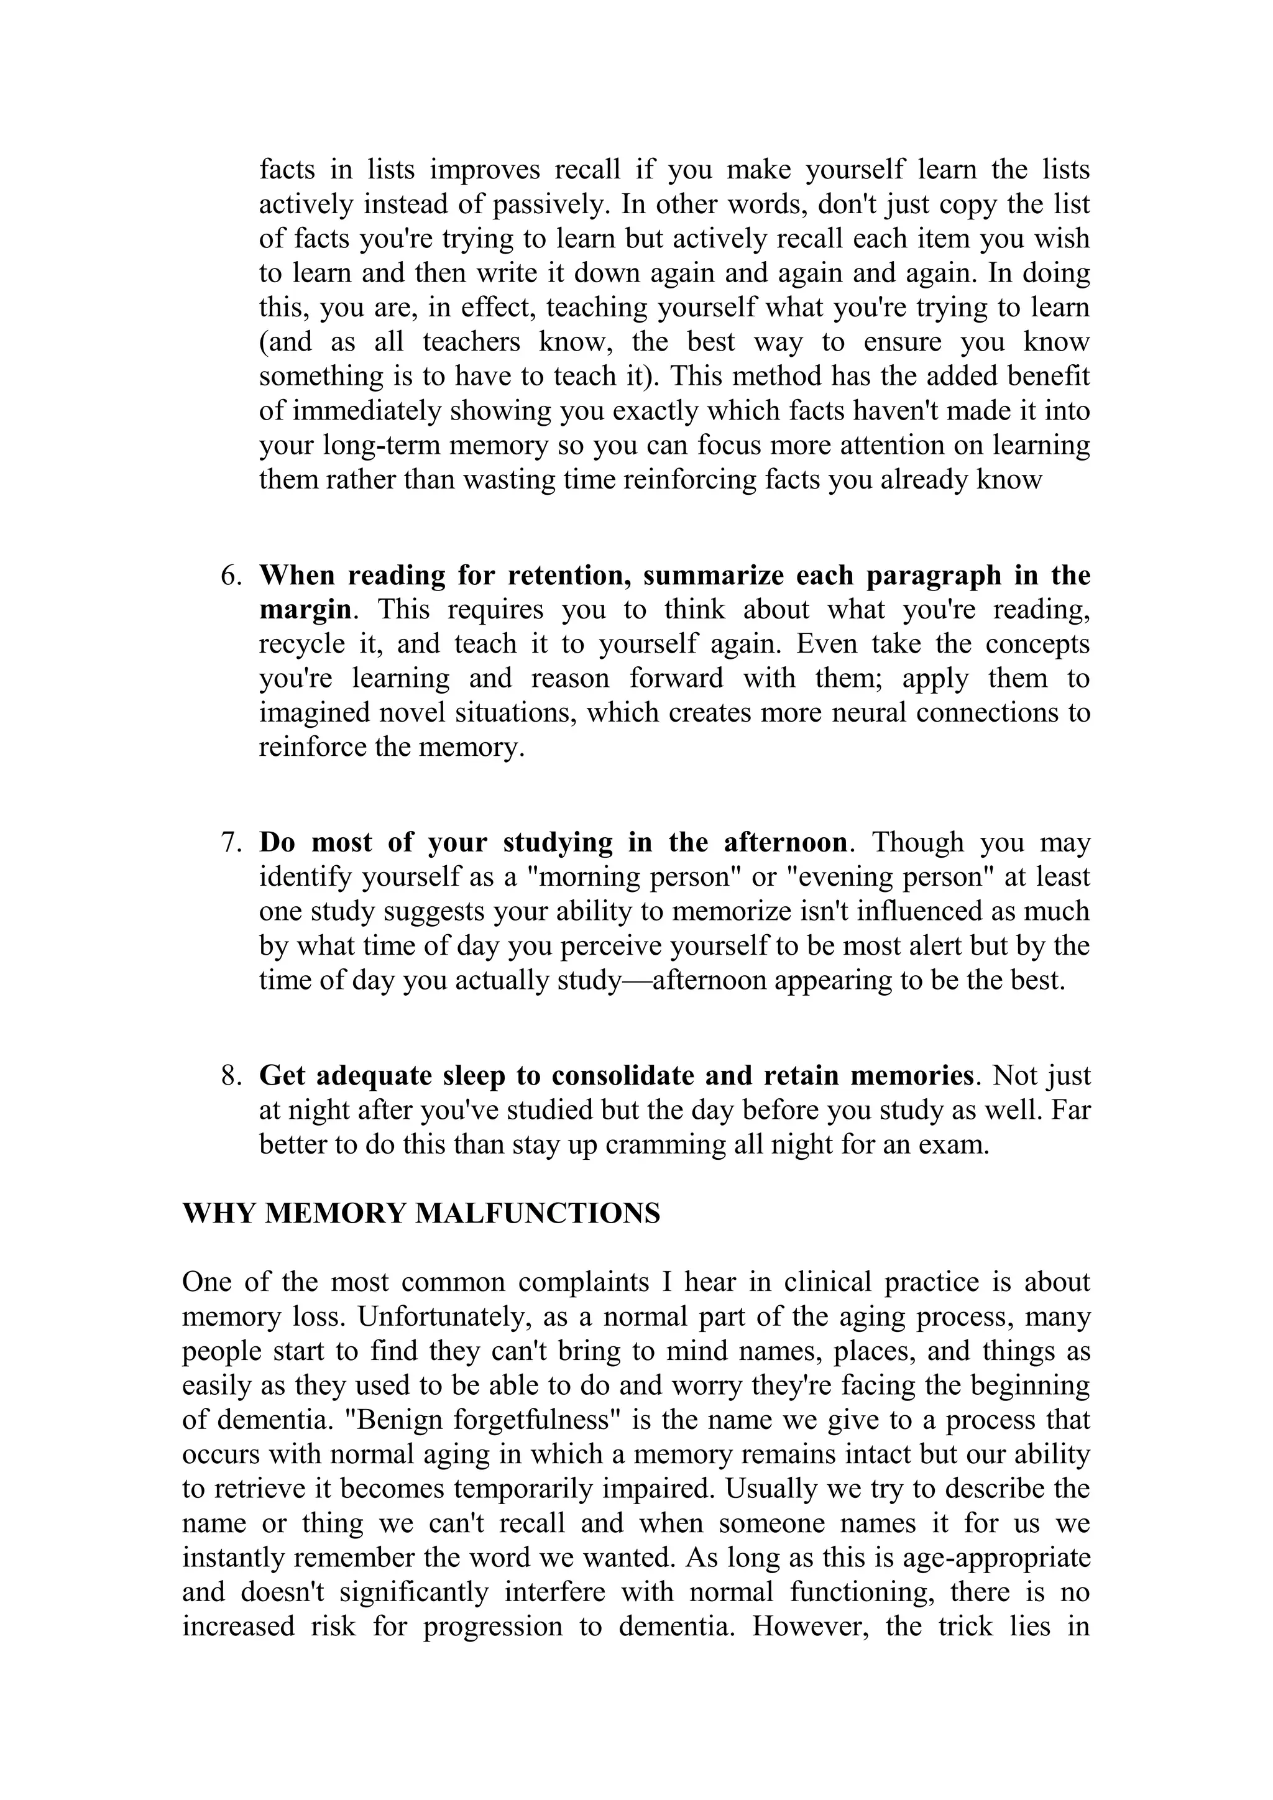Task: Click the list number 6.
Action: click(231, 576)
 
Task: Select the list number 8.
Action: click(231, 1076)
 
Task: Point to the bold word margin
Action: click(305, 609)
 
